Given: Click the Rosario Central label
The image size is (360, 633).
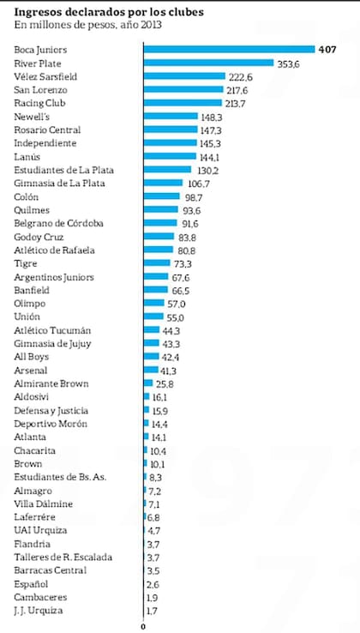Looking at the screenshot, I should click(47, 129).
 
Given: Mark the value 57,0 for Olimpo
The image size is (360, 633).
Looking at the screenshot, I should click(177, 304).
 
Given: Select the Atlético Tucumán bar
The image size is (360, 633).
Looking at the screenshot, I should click(151, 330).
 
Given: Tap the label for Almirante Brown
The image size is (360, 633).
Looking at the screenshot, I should click(51, 383).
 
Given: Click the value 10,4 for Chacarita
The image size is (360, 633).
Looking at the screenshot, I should click(158, 450).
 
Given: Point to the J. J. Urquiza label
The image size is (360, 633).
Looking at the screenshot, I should click(40, 610).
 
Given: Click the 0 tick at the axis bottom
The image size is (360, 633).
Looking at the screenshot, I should click(142, 626).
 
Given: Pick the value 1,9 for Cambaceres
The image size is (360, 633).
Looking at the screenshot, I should click(153, 597).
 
